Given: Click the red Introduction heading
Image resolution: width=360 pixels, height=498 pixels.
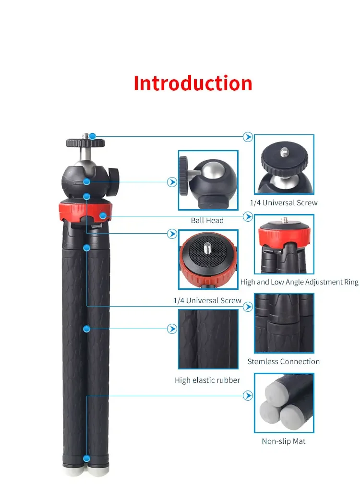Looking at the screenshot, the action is tap(193, 83).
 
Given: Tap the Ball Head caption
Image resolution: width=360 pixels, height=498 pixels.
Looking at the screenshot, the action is tap(207, 220).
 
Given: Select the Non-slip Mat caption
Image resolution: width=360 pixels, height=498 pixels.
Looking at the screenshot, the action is tap(283, 441).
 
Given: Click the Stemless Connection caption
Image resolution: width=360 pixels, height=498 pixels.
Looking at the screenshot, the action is tap(283, 361).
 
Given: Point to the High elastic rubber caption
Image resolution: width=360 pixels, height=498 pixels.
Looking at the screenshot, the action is tap(207, 380).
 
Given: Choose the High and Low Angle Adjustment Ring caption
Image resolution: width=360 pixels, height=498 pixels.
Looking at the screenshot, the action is tap(300, 282).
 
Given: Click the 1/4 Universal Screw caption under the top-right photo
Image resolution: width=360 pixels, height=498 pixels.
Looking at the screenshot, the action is tap(284, 202).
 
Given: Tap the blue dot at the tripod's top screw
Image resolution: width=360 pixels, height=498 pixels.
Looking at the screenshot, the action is tap(93, 136).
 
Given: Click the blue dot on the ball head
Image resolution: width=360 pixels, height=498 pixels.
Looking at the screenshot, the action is tap(86, 182).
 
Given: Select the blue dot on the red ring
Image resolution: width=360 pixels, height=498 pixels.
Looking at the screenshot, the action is tap(103, 216).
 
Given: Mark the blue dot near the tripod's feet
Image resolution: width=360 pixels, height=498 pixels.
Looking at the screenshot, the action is tap(86, 459).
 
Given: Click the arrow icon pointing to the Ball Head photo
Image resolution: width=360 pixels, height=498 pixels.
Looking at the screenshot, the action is tap(172, 182).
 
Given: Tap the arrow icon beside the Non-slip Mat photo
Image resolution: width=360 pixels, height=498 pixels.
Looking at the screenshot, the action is tap(248, 396).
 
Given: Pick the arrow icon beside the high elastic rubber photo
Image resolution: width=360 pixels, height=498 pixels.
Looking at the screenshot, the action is tap(172, 329).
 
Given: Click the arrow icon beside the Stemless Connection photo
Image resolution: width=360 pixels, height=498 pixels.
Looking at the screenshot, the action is tap(248, 307).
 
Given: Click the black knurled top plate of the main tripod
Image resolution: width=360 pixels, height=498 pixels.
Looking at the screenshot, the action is tap(85, 142).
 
